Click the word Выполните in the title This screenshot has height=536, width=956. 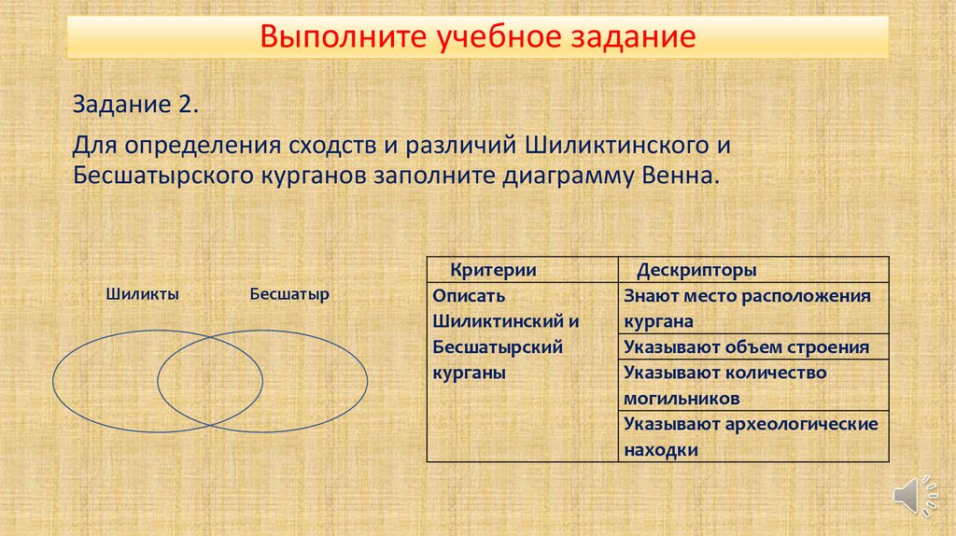pyautogui.click(x=344, y=36)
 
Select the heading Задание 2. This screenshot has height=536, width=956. pyautogui.click(x=135, y=105)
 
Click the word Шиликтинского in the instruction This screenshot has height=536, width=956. pyautogui.click(x=616, y=145)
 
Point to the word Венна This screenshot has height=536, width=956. pyautogui.click(x=681, y=176)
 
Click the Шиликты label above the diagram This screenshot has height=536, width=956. pyautogui.click(x=142, y=294)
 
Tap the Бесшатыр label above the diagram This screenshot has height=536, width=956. pyautogui.click(x=289, y=294)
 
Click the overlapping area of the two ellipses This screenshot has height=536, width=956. pyautogui.click(x=210, y=381)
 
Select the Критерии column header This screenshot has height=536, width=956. pyautogui.click(x=493, y=270)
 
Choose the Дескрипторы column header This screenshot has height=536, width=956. pyautogui.click(x=696, y=270)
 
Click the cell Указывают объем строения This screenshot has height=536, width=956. pyautogui.click(x=746, y=347)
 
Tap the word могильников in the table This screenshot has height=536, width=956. pyautogui.click(x=682, y=399)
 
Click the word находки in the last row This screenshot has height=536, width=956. pyautogui.click(x=661, y=451)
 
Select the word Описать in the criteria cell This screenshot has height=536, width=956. pyautogui.click(x=469, y=296)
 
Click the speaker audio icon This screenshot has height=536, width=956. pyautogui.click(x=915, y=495)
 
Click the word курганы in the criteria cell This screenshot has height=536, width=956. pyautogui.click(x=469, y=374)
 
